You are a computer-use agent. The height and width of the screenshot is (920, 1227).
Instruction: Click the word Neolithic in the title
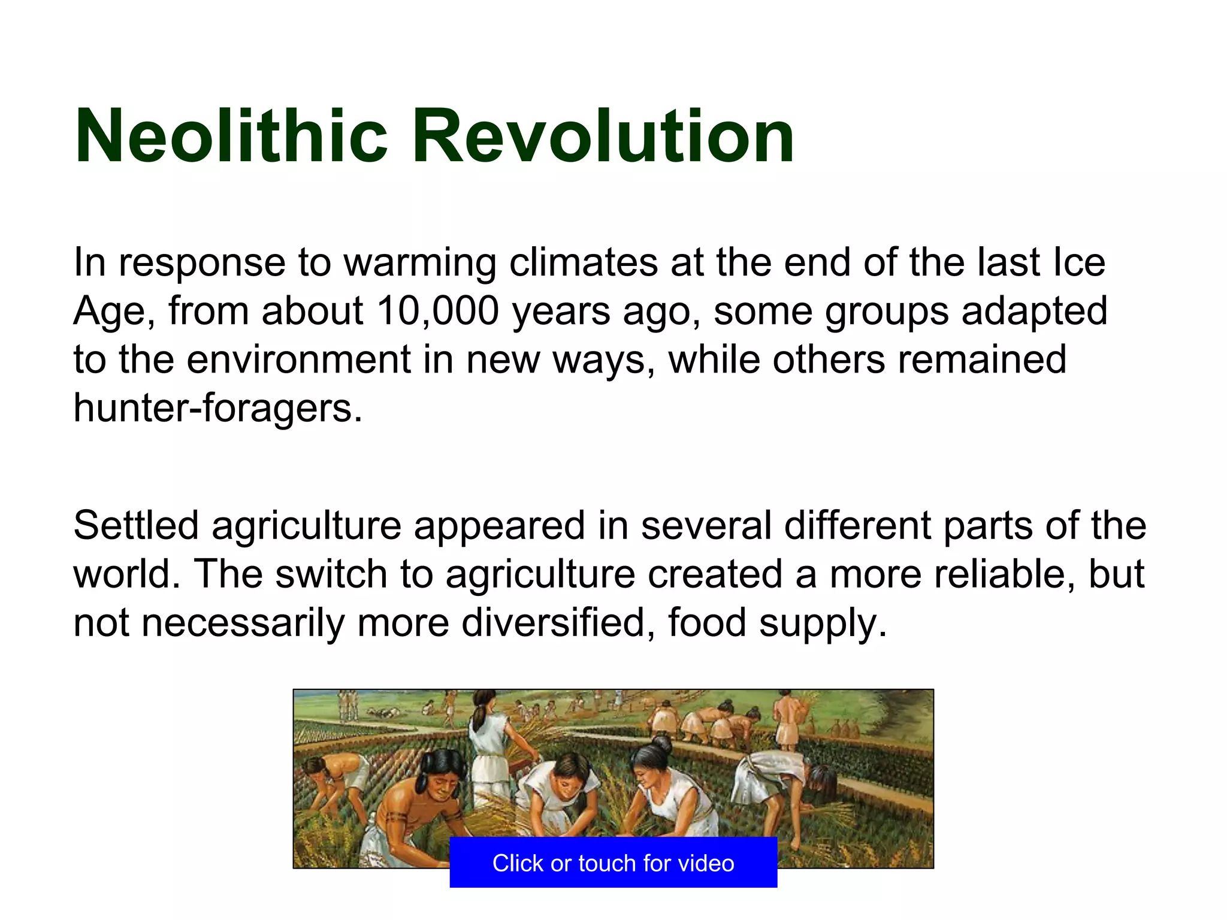(231, 137)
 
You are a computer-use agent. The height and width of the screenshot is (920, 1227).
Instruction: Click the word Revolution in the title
(602, 137)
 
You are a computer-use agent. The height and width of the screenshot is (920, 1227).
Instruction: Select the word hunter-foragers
(218, 408)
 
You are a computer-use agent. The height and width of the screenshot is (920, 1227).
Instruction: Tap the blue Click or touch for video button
(613, 863)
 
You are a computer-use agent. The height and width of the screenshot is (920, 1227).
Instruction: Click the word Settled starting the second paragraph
(135, 526)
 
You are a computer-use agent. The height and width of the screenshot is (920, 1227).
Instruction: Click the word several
(706, 526)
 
